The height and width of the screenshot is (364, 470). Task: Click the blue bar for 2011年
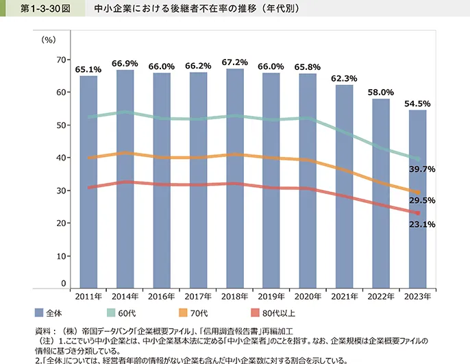pyautogui.click(x=88, y=182)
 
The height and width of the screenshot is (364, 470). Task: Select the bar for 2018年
pyautogui.click(x=234, y=178)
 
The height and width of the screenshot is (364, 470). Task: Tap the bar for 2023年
pyautogui.click(x=417, y=199)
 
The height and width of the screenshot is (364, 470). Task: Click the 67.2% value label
pyautogui.click(x=234, y=62)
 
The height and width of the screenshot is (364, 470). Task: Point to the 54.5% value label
pyautogui.click(x=417, y=104)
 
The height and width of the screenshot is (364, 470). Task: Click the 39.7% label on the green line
pyautogui.click(x=421, y=169)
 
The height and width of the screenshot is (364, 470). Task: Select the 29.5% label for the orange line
pyautogui.click(x=421, y=201)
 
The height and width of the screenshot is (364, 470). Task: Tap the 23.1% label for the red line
pyautogui.click(x=421, y=224)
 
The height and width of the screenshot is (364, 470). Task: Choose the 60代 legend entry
pyautogui.click(x=120, y=313)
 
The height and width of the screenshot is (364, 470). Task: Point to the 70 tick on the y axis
pyautogui.click(x=61, y=60)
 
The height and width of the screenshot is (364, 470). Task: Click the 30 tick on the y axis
pyautogui.click(x=61, y=191)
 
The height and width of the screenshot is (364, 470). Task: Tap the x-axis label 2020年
pyautogui.click(x=308, y=296)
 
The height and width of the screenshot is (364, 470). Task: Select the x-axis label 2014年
pyautogui.click(x=125, y=296)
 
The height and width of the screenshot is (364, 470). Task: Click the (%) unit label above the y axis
pyautogui.click(x=49, y=39)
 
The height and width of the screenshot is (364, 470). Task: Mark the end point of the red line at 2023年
pyautogui.click(x=417, y=213)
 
